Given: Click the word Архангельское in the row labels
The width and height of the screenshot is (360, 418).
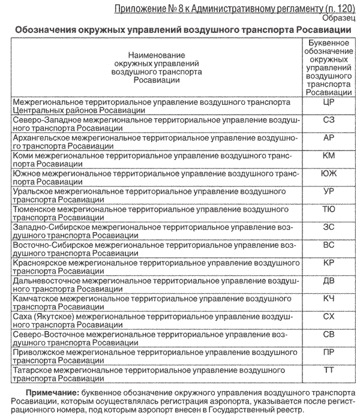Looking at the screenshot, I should [x=41, y=137].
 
